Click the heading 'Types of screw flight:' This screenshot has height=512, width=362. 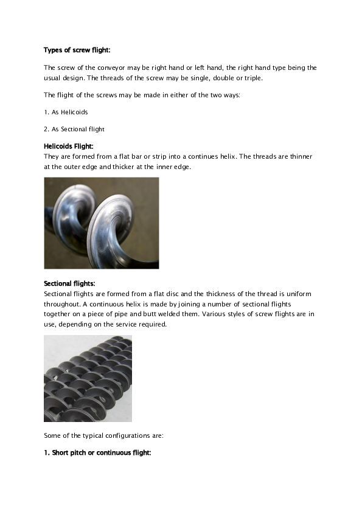(76, 49)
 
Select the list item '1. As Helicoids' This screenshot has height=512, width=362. (66, 112)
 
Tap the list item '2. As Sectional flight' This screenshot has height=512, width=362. (74, 129)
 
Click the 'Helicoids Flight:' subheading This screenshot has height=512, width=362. (68, 147)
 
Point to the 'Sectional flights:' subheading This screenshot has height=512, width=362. (69, 283)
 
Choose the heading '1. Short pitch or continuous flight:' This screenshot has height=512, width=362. (97, 452)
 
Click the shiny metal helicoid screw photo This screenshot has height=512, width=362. (101, 223)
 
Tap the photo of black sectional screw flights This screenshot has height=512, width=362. (88, 378)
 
